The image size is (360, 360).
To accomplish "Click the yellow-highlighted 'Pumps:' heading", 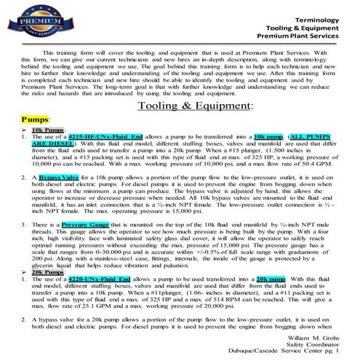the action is pyautogui.click(x=36, y=118).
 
